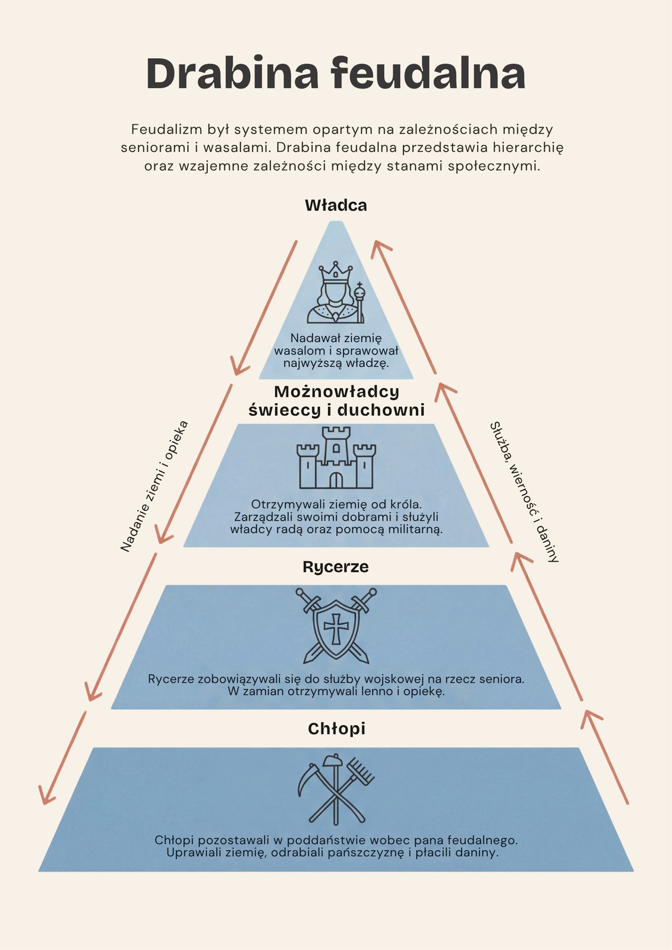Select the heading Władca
(x=336, y=205)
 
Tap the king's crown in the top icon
(x=336, y=272)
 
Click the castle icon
(x=336, y=458)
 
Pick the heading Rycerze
(x=336, y=566)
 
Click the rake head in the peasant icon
(x=362, y=770)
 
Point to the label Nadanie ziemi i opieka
(x=154, y=486)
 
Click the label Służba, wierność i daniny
(x=524, y=492)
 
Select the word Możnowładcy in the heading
(x=337, y=392)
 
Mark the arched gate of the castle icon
(x=336, y=480)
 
